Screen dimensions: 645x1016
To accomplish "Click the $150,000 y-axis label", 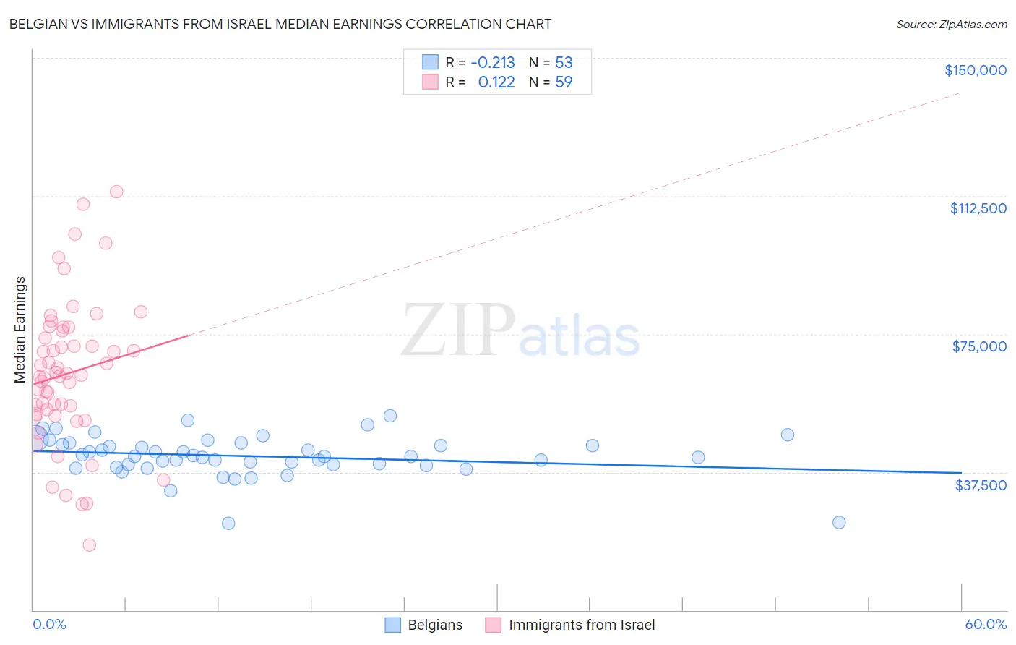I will click(x=975, y=70).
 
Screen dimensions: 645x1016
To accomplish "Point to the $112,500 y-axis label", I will click(x=978, y=208).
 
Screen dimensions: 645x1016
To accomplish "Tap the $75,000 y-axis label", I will click(x=979, y=346).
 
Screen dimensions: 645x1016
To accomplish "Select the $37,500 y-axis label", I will click(x=981, y=485).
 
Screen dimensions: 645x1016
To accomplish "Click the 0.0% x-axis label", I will click(x=49, y=624).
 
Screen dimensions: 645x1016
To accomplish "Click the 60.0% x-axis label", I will click(x=986, y=624).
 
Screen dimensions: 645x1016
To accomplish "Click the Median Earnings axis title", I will click(x=20, y=329).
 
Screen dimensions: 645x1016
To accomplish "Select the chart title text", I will click(x=280, y=24).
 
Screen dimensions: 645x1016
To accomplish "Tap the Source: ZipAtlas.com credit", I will click(x=951, y=25).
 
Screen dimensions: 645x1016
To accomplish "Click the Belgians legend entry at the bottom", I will click(x=435, y=625).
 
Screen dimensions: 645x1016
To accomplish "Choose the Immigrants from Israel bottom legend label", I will click(x=582, y=625).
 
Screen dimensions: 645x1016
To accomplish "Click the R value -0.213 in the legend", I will click(x=493, y=62).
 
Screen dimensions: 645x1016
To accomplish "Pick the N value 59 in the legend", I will click(x=564, y=82).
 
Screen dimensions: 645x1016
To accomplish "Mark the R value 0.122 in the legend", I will click(x=496, y=82).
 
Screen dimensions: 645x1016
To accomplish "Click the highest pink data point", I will click(x=116, y=192).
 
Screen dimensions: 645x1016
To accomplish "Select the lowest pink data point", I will click(x=90, y=545).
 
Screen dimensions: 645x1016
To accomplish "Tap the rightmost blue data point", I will click(x=839, y=522).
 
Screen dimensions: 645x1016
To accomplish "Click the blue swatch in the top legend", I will click(x=430, y=62).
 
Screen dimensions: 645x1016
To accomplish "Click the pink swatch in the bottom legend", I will click(x=493, y=625).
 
